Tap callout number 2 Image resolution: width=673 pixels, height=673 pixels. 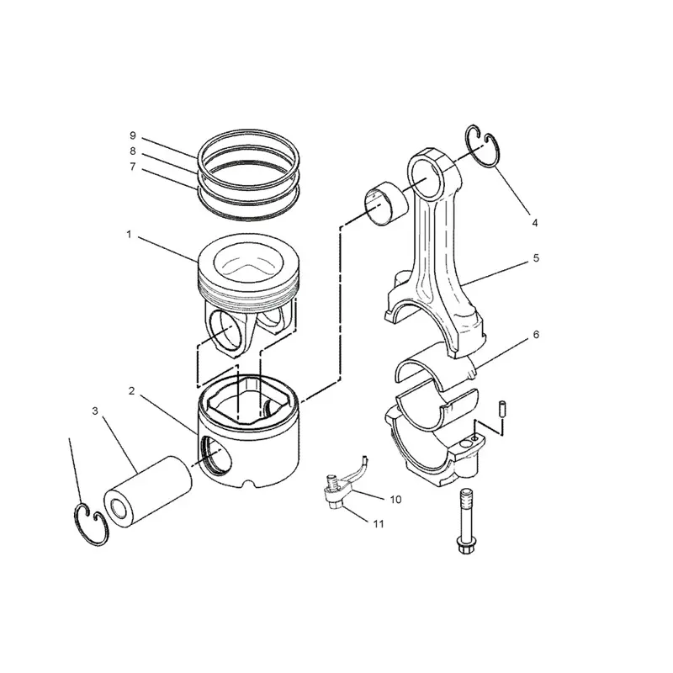[132, 391]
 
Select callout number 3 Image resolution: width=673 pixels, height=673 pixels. [96, 411]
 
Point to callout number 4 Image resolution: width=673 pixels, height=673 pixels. [534, 223]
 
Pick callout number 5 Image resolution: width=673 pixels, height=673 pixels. [535, 259]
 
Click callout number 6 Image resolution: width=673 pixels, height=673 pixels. [536, 334]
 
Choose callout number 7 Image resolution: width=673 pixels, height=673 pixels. [132, 167]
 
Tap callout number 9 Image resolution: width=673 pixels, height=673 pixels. [132, 135]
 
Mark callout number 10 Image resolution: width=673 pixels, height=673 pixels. [395, 499]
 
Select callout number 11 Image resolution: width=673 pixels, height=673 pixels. [379, 524]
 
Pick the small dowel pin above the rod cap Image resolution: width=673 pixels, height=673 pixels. [501, 408]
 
